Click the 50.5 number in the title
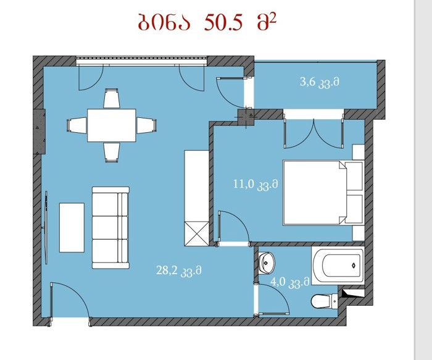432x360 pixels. coord(223,23)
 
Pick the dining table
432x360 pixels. coord(112,125)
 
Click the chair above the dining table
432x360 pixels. coord(112,98)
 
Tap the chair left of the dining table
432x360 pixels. coord(77,125)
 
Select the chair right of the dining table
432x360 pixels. coord(147,125)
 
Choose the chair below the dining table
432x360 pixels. coord(112,153)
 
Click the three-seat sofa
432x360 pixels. coord(110,228)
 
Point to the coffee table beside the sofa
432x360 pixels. coord(72,227)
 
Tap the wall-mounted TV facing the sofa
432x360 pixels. coord(46,227)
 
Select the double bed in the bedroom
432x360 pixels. coord(323,193)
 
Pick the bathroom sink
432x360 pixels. coord(267,262)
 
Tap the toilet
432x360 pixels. coord(324,301)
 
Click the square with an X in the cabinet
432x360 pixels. coord(197,233)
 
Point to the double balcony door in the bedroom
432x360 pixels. coord(314,133)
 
